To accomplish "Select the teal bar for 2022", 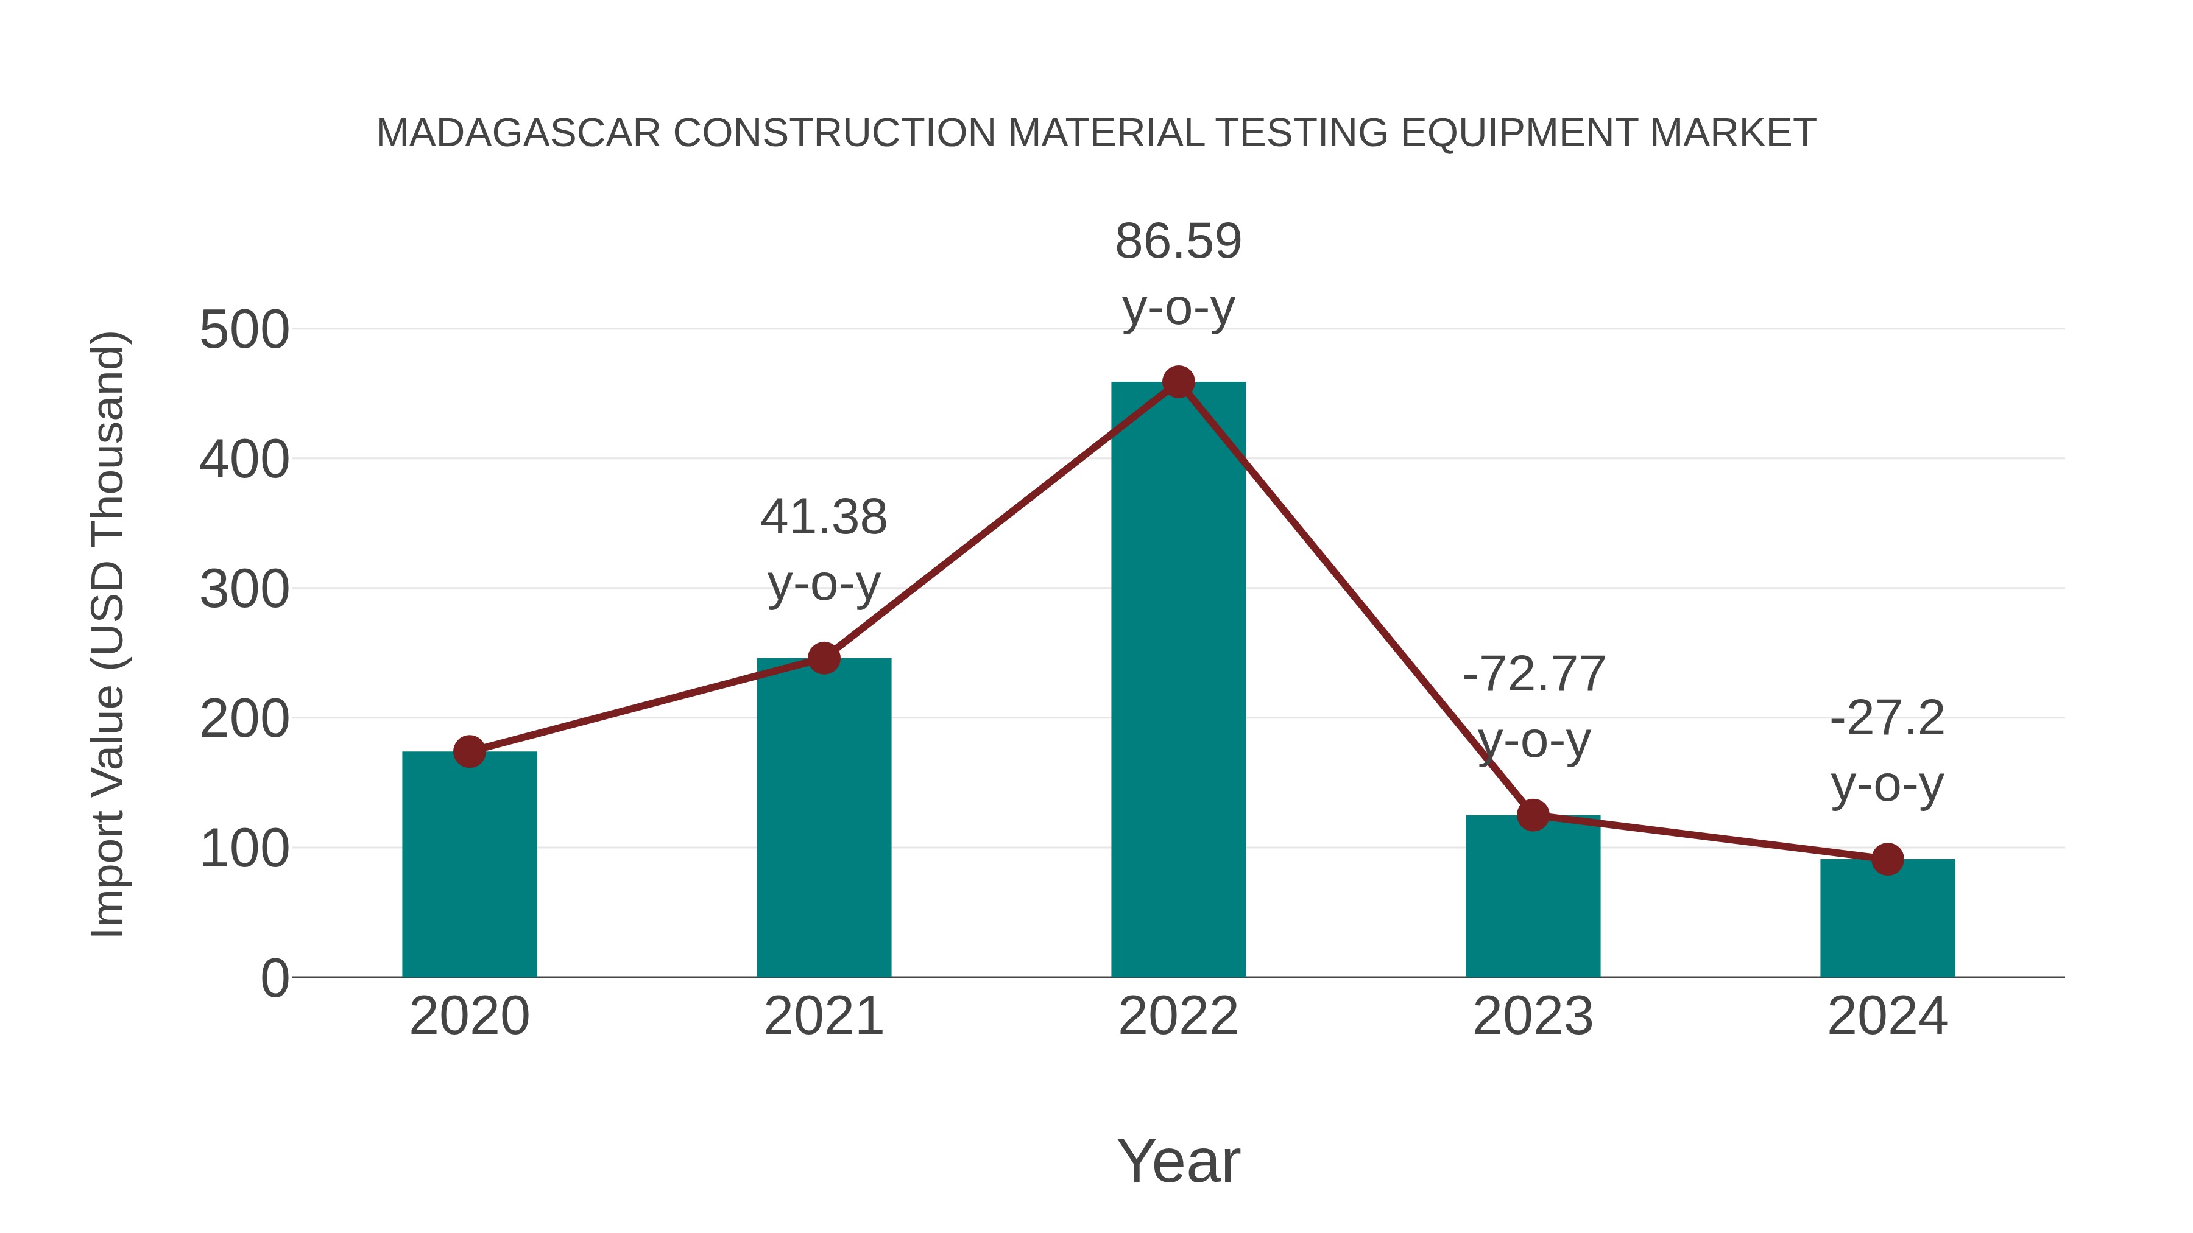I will point(1178,681).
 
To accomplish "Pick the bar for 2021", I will point(823,817).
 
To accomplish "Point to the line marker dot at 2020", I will point(469,751).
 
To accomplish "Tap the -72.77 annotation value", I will point(1533,674).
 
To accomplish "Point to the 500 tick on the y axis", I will point(244,330).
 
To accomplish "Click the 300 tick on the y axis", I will point(244,589).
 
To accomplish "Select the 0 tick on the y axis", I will point(274,978).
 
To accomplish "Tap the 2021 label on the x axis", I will point(823,1016).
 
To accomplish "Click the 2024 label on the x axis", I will point(1887,1016).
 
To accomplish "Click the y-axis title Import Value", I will point(109,634).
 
